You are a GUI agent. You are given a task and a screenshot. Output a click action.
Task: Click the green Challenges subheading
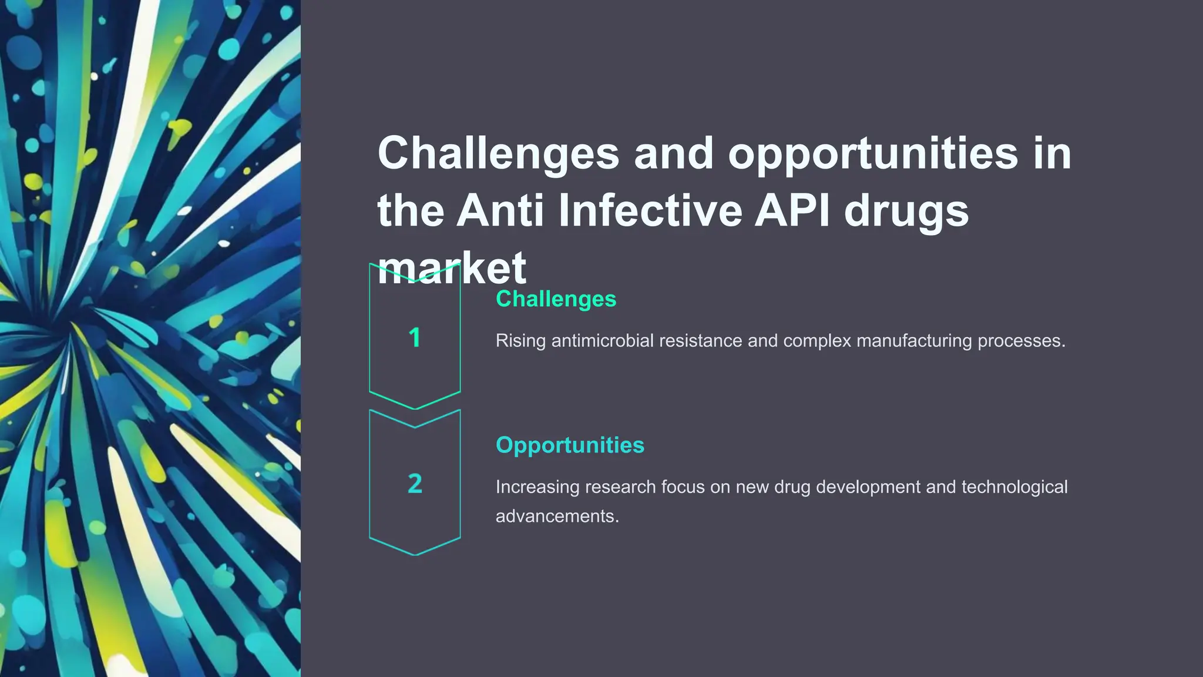pos(556,299)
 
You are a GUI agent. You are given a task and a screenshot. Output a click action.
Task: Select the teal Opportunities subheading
pos(570,445)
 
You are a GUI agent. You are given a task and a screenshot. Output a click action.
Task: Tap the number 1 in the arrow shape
pos(415,338)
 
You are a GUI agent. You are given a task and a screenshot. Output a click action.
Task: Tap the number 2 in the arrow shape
pos(415,484)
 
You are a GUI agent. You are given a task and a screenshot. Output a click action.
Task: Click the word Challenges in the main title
pos(498,154)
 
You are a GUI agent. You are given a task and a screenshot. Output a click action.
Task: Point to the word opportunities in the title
pos(873,154)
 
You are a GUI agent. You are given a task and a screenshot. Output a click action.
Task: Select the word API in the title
pos(792,211)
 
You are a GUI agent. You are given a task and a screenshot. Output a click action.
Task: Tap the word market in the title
pos(451,269)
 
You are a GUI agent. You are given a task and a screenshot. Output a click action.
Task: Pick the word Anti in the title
pos(500,211)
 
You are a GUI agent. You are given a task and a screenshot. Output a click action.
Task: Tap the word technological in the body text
pos(1014,488)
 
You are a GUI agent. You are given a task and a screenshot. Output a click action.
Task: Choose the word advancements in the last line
pos(557,517)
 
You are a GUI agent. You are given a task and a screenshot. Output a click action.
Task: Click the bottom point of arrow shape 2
pos(415,554)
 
